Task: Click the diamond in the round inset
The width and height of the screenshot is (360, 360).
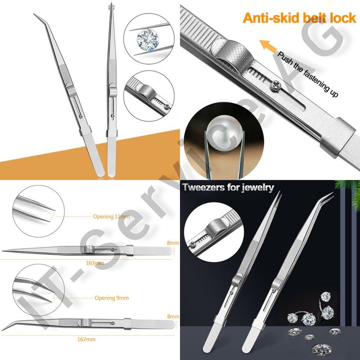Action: pos(148,40)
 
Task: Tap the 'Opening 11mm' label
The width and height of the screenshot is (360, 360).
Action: pos(111,217)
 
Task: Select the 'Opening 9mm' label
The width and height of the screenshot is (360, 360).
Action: pos(112,298)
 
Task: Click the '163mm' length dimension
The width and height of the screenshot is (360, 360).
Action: pos(95,263)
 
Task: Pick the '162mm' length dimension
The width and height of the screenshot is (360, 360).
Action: pos(86,339)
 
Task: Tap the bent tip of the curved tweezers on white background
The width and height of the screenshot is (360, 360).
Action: pos(34,14)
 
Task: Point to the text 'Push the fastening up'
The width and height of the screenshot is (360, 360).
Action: pos(308,74)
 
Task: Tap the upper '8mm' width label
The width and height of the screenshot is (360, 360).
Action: pos(173,243)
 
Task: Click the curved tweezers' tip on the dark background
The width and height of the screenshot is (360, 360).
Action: pos(332,193)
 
